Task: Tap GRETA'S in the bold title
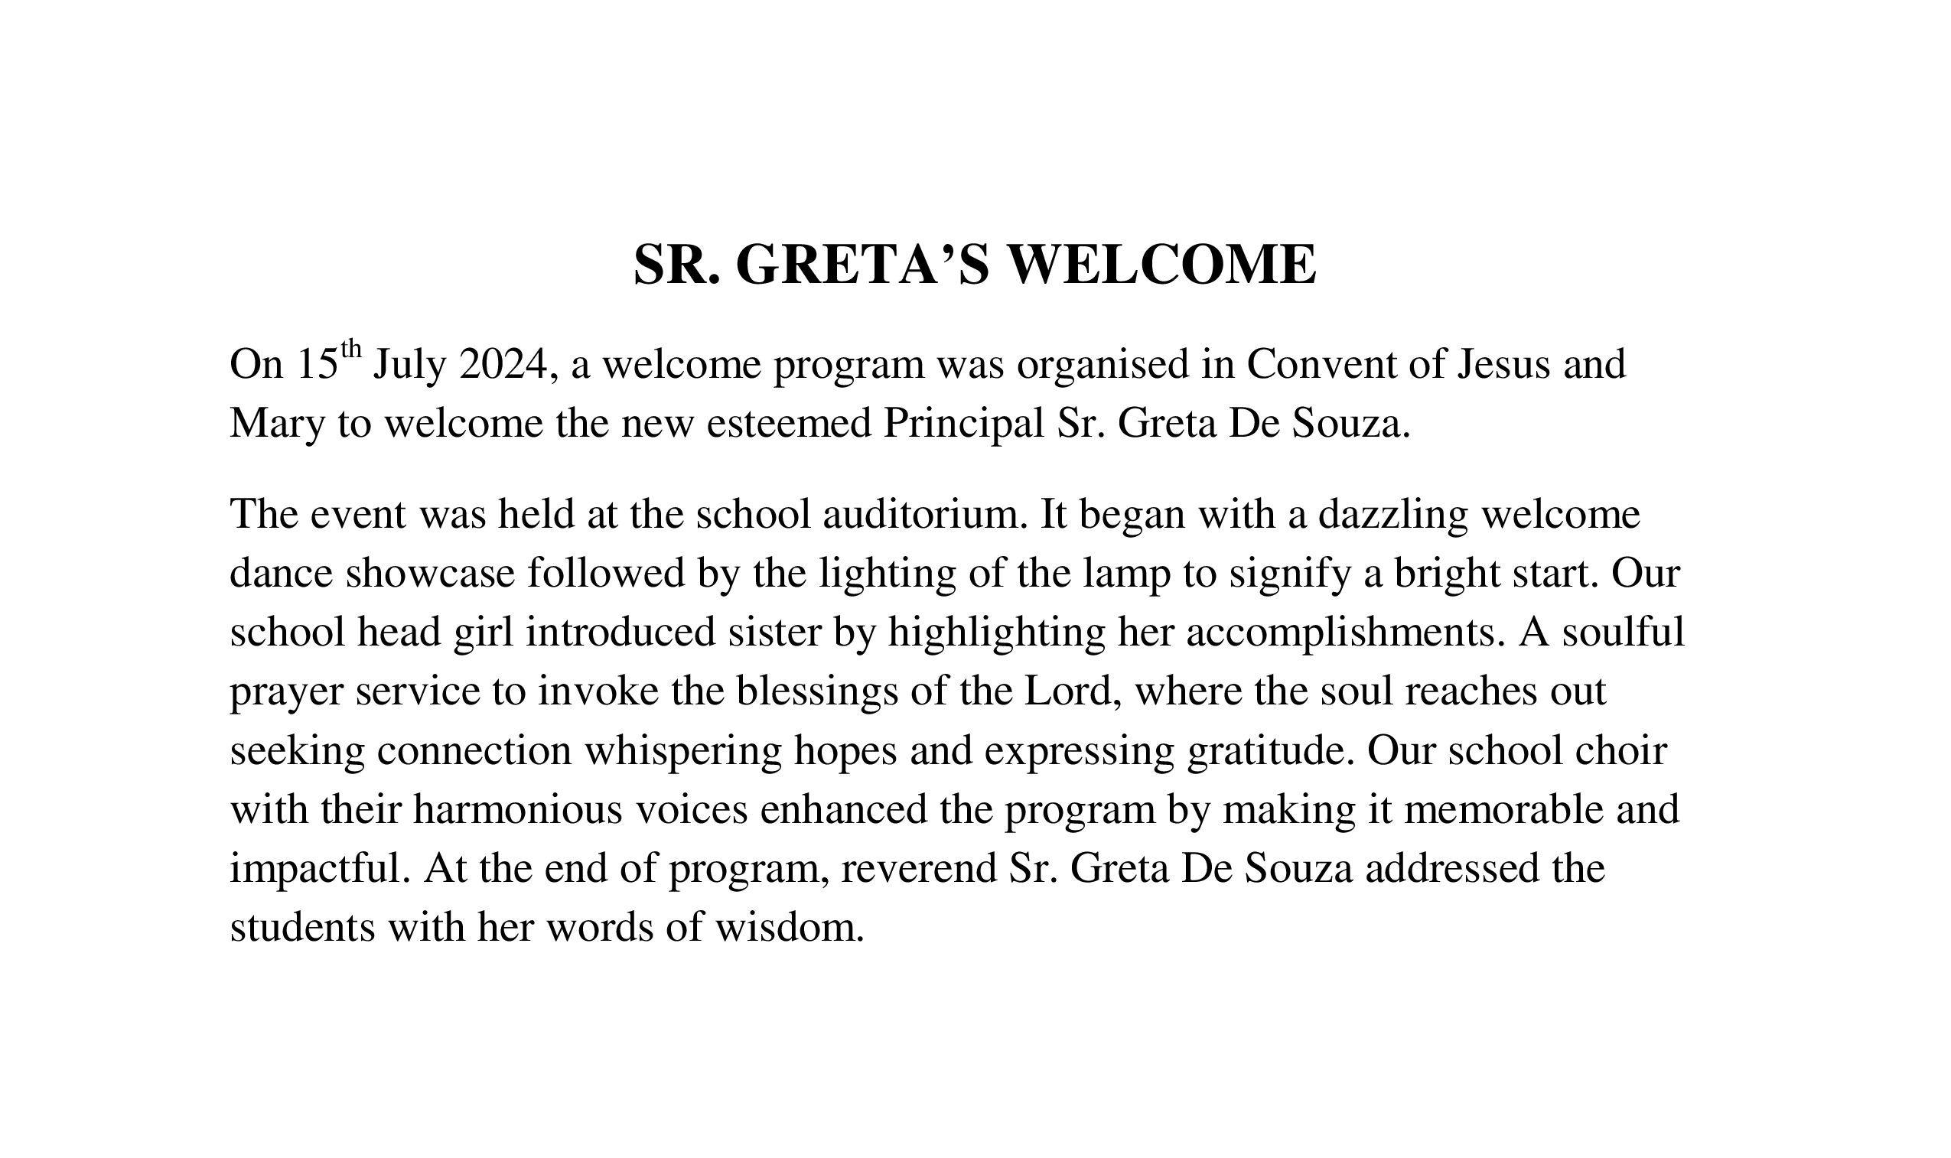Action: pyautogui.click(x=863, y=265)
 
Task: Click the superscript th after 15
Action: pyautogui.click(x=351, y=348)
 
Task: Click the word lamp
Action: pyautogui.click(x=1127, y=574)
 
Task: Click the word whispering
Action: pyautogui.click(x=682, y=750)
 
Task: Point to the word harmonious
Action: pyautogui.click(x=517, y=810)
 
